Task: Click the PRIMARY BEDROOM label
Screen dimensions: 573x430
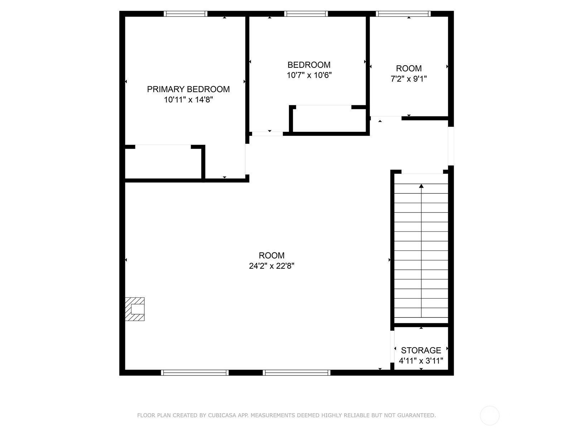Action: point(188,89)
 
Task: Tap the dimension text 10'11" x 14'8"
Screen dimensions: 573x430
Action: point(188,100)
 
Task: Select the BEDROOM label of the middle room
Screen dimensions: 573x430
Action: point(309,65)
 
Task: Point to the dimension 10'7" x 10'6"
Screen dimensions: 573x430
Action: point(309,75)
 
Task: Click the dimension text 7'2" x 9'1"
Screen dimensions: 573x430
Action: point(409,78)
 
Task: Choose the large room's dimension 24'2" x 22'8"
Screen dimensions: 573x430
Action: point(271,266)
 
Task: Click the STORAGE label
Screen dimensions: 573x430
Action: point(421,350)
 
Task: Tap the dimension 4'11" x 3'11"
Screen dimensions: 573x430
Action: point(421,360)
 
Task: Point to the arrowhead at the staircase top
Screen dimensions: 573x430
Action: point(421,186)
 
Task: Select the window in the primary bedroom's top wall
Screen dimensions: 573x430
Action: point(186,14)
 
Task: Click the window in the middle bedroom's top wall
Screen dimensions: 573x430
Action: point(306,14)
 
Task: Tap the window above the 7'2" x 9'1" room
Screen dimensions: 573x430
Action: point(403,14)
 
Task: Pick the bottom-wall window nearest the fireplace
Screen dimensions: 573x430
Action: point(195,373)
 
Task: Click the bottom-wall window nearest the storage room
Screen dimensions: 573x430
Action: point(297,373)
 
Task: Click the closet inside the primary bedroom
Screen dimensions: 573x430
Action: point(163,163)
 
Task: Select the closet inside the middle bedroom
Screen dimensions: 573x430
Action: point(329,120)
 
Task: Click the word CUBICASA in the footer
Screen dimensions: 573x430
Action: point(220,415)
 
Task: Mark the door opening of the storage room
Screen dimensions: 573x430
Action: point(392,347)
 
